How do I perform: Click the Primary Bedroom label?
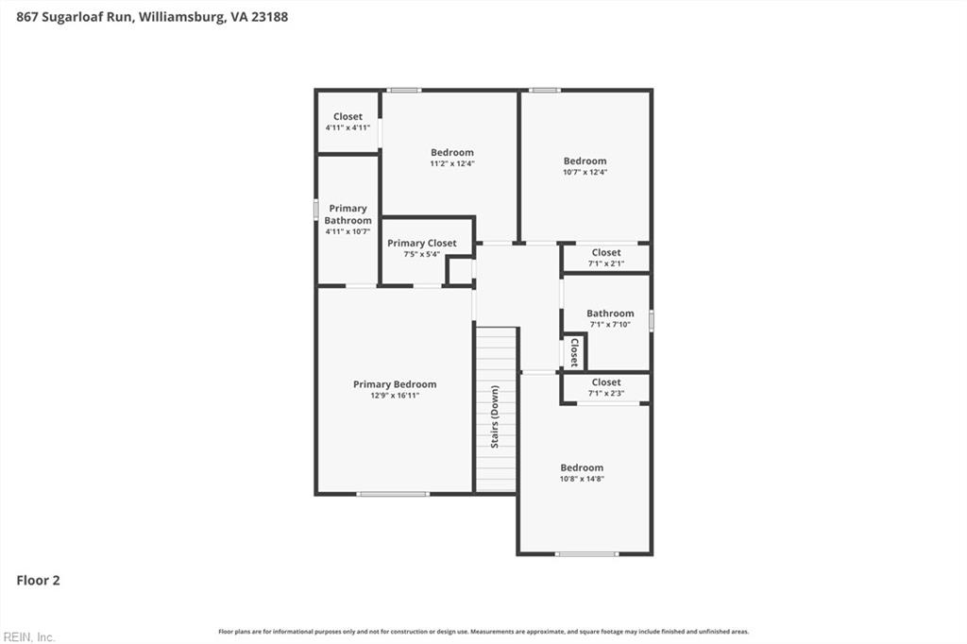[395, 384]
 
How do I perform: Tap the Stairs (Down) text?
[495, 416]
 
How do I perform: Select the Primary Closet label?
[422, 243]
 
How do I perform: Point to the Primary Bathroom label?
[348, 214]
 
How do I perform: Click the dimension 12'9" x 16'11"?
[395, 396]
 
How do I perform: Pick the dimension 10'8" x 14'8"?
[582, 479]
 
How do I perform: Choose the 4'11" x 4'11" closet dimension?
[348, 127]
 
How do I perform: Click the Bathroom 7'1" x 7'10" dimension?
[610, 325]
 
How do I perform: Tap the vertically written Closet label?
[574, 352]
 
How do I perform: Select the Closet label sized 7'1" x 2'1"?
[606, 252]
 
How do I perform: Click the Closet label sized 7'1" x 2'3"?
[606, 382]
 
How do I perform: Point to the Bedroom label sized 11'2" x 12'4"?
[452, 152]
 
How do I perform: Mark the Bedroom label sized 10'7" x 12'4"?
[585, 161]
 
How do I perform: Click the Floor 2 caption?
[38, 581]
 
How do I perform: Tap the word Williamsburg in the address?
[180, 17]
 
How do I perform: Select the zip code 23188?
[269, 17]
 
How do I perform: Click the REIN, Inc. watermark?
[29, 637]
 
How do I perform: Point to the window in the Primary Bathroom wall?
[315, 209]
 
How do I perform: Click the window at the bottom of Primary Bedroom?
[392, 494]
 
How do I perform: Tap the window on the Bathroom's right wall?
[652, 321]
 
